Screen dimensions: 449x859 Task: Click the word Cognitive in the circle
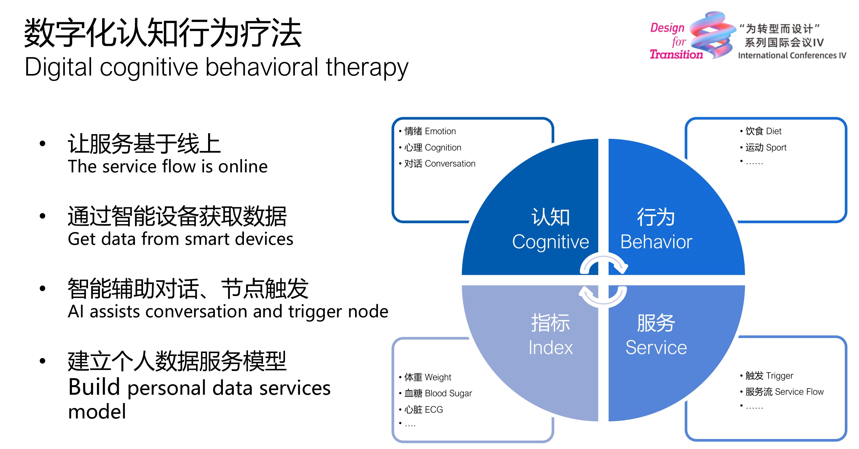click(550, 242)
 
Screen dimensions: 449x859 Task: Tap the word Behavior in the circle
click(656, 242)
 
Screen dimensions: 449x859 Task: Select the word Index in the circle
click(550, 348)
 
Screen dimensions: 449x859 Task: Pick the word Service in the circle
click(656, 348)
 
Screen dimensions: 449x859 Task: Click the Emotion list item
click(430, 131)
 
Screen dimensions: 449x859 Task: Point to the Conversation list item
click(439, 163)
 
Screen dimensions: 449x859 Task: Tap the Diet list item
click(763, 131)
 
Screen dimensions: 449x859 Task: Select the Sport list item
click(766, 147)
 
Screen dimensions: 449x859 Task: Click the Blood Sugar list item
click(438, 393)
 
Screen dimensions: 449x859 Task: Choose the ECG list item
click(424, 409)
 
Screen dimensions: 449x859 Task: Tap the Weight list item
click(428, 377)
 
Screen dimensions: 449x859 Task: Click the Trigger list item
click(769, 376)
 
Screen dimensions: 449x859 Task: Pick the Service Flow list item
click(784, 392)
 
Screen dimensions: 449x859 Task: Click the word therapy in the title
click(367, 68)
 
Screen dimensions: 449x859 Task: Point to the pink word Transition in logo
click(676, 54)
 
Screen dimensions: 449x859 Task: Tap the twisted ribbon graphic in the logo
click(712, 35)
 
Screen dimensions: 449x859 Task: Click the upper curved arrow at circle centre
click(604, 263)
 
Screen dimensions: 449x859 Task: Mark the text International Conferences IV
click(792, 55)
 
